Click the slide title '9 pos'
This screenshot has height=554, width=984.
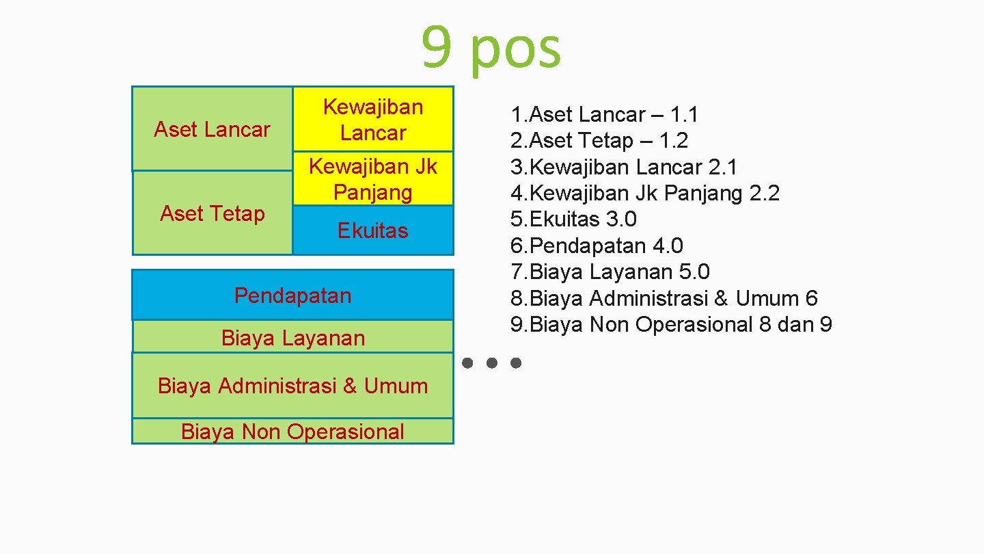(x=491, y=48)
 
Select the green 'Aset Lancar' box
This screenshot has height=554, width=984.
(x=212, y=129)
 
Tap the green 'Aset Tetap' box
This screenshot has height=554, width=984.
(x=212, y=213)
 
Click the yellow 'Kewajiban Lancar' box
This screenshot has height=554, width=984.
(x=372, y=119)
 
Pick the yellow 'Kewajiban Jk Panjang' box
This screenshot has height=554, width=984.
(x=372, y=179)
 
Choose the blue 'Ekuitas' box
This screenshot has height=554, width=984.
(x=372, y=230)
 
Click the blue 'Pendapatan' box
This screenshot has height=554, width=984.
(x=292, y=295)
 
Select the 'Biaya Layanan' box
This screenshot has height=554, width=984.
(x=292, y=337)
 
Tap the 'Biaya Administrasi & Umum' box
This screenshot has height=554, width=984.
(x=292, y=386)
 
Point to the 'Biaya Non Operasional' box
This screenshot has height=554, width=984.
(x=292, y=432)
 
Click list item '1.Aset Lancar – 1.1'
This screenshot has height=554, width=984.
(x=604, y=114)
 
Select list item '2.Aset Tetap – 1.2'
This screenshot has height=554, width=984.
(x=599, y=141)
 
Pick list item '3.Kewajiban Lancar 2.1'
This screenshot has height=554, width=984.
(x=624, y=167)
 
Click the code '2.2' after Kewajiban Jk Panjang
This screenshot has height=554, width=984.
(x=764, y=194)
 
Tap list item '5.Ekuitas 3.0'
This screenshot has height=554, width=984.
(x=573, y=220)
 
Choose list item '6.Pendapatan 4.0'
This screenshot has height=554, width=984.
(x=597, y=246)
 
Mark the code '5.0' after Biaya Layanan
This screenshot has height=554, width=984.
(x=694, y=272)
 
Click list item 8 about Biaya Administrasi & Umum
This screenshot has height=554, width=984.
(x=664, y=298)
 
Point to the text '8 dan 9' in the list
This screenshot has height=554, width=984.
(x=795, y=324)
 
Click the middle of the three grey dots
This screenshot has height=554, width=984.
(x=491, y=362)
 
